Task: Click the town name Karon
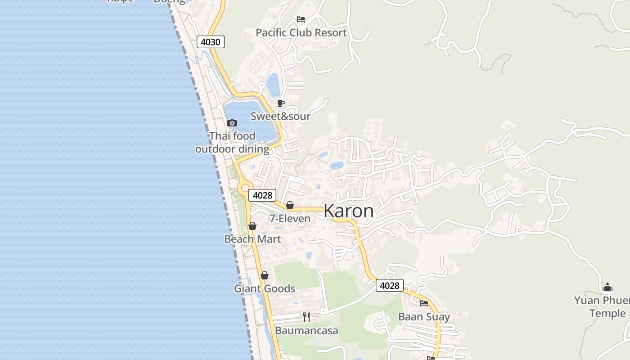(x=348, y=211)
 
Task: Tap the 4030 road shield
(x=210, y=42)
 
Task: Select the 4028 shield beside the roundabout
(x=262, y=195)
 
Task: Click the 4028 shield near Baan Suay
(x=390, y=285)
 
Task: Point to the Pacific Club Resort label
(x=301, y=33)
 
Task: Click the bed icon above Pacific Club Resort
(x=301, y=19)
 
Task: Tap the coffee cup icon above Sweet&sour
(x=281, y=103)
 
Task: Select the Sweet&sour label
(x=280, y=117)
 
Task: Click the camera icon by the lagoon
(x=232, y=123)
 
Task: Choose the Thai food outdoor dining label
(x=232, y=143)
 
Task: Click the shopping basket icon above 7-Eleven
(x=290, y=206)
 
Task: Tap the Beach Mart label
(x=252, y=239)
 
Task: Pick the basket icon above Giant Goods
(x=265, y=275)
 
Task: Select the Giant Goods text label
(x=265, y=289)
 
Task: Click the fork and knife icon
(x=306, y=317)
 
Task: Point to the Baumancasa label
(x=306, y=331)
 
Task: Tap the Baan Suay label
(x=424, y=317)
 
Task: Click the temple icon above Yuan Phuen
(x=607, y=287)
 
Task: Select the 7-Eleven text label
(x=290, y=219)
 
